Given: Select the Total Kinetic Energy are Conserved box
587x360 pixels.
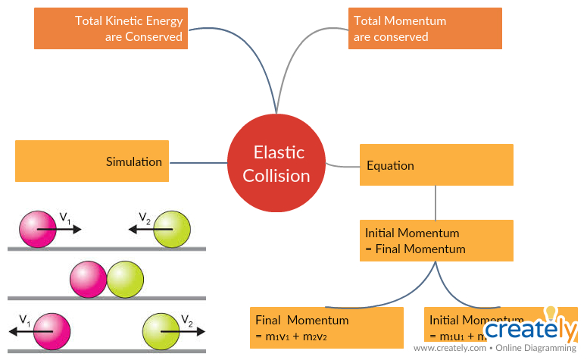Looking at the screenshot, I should (111, 29).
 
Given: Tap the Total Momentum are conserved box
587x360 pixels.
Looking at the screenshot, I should (424, 29).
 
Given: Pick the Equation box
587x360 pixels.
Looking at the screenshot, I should (436, 165).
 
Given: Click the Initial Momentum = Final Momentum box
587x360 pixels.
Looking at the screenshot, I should (436, 241).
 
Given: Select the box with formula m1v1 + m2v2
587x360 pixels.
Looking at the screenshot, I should (326, 328).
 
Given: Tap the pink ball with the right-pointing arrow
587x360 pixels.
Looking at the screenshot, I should (38, 229).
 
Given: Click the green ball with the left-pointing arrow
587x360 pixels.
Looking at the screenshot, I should (172, 229).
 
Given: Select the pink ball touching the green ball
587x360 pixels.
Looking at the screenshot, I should (89, 279).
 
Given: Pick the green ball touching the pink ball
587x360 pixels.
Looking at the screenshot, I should (125, 279).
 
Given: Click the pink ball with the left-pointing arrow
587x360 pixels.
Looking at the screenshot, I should (52, 331).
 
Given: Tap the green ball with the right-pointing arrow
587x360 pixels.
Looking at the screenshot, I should (161, 331).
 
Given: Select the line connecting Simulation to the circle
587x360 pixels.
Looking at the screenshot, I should (198, 161).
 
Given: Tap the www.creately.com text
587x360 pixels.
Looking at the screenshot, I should (451, 349).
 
